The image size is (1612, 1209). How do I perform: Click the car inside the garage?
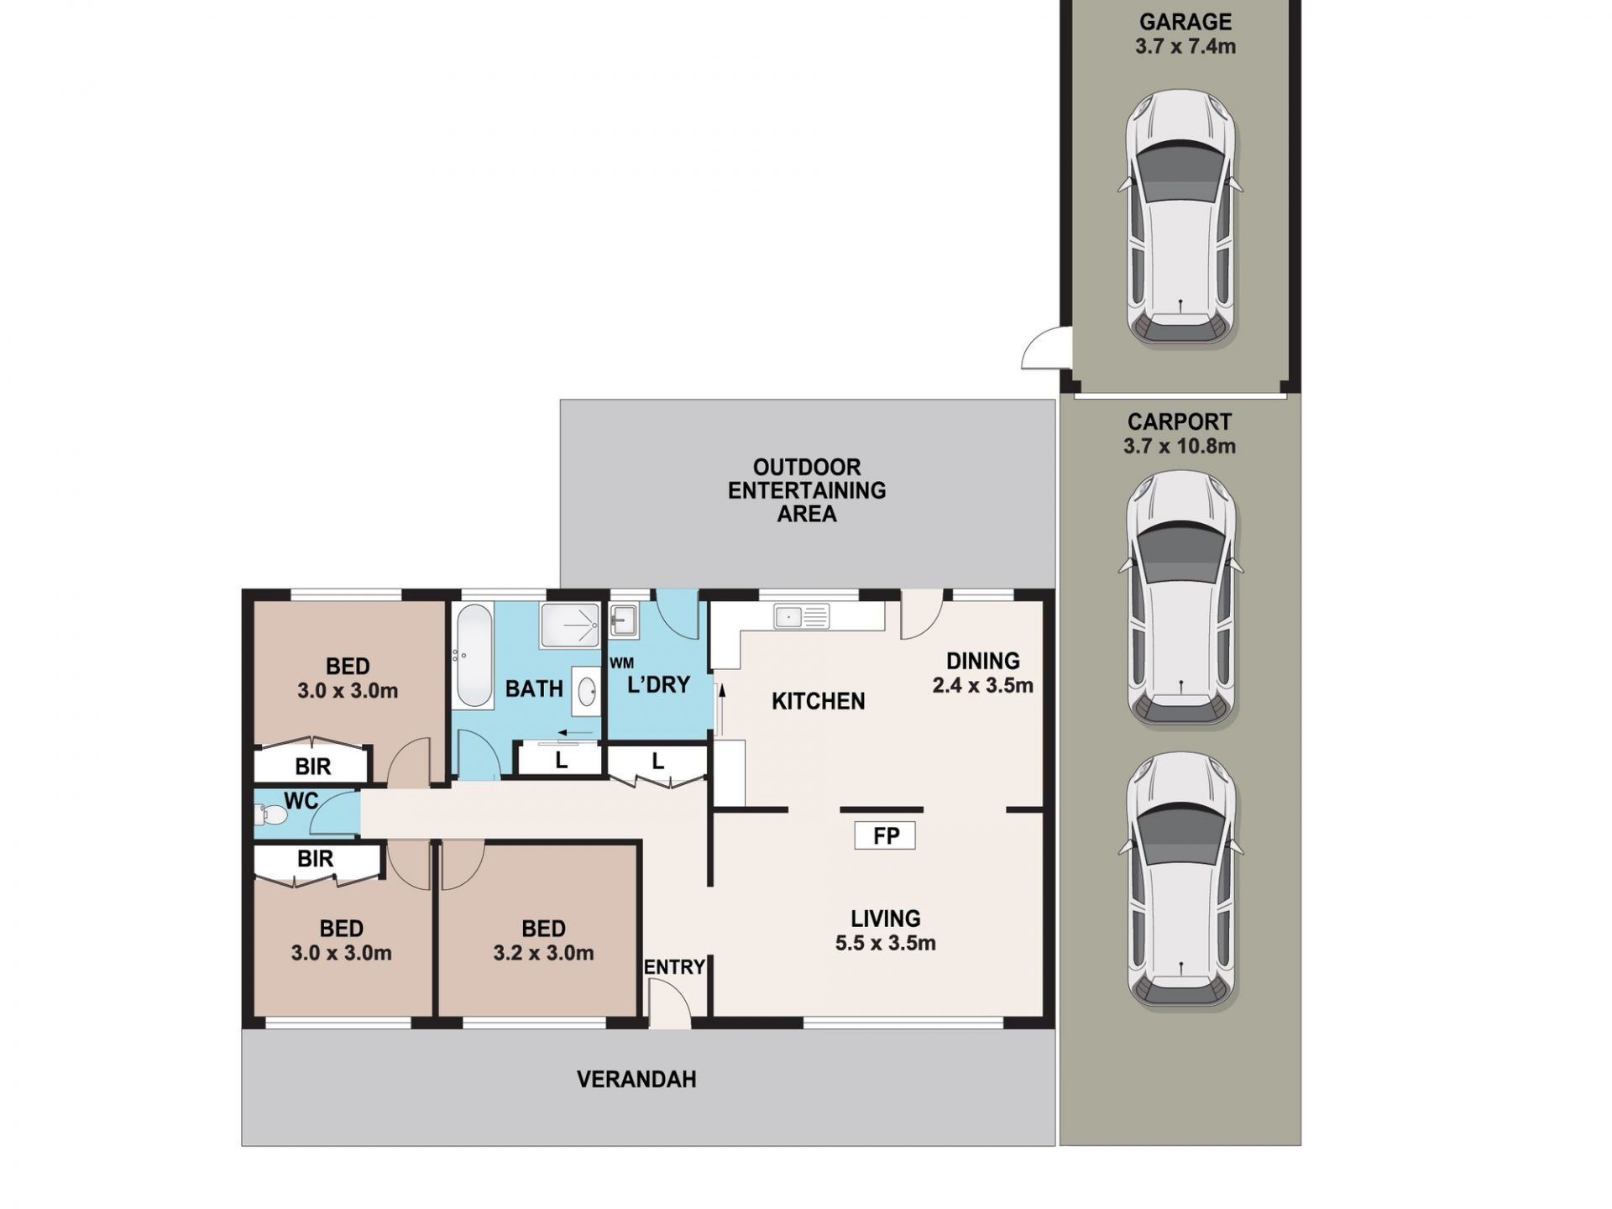[x=1180, y=218]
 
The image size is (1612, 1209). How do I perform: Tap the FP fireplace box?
[x=885, y=835]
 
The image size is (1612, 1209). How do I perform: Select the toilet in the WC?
[x=270, y=814]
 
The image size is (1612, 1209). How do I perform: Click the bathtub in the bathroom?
[x=474, y=656]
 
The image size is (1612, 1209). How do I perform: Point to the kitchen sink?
[x=801, y=617]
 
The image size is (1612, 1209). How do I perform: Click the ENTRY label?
[x=674, y=967]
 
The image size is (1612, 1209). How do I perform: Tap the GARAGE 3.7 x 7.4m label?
[x=1185, y=34]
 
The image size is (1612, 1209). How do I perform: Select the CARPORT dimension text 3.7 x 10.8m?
[x=1179, y=446]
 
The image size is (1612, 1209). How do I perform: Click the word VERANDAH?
[x=636, y=1080]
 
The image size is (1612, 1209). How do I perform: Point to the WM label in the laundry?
[x=621, y=663]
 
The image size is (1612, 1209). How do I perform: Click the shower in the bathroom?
[x=570, y=625]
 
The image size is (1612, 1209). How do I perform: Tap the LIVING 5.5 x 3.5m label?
[x=885, y=930]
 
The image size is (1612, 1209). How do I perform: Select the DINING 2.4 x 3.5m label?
[x=982, y=673]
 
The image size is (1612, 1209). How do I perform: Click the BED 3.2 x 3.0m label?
[x=543, y=940]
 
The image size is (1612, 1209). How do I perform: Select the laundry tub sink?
[x=623, y=621]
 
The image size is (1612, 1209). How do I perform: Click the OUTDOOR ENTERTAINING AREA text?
[x=806, y=490]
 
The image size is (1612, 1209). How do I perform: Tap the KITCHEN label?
[x=818, y=701]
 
